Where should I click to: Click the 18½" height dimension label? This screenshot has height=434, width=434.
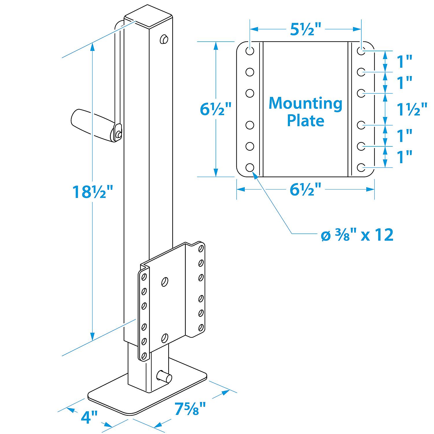(x=92, y=192)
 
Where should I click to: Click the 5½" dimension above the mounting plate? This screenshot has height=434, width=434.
(x=306, y=29)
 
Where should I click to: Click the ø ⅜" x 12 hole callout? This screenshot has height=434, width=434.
(x=357, y=235)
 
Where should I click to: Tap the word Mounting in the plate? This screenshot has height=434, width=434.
(x=306, y=104)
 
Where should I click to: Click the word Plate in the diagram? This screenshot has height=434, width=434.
(x=306, y=120)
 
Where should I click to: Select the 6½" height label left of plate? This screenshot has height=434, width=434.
(x=216, y=109)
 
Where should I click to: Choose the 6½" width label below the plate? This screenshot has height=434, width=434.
(x=306, y=190)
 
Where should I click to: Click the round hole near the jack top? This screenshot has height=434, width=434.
(x=164, y=39)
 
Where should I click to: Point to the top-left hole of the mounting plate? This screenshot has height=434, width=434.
(x=250, y=51)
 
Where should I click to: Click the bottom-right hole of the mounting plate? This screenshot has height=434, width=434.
(x=361, y=167)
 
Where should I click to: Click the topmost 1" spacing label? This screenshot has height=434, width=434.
(x=404, y=61)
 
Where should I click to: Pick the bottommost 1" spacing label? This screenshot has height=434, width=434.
(x=404, y=157)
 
